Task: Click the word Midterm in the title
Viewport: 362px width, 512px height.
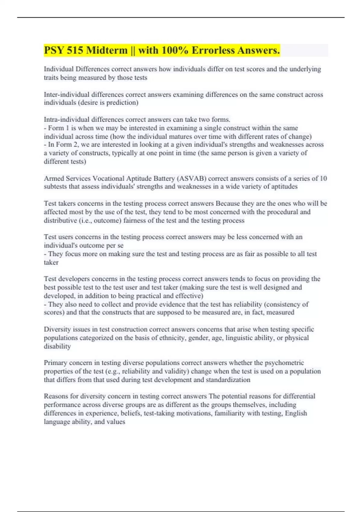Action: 107,50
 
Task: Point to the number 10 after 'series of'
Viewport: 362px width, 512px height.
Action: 323,178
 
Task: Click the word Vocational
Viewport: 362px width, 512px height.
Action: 109,178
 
